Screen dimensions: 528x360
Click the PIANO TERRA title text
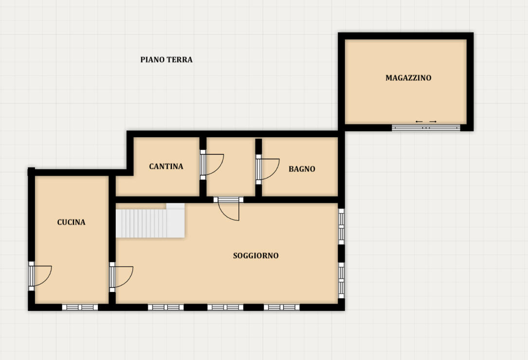click(x=166, y=60)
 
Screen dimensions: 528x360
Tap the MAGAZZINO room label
click(x=408, y=78)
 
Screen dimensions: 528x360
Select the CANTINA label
click(x=166, y=166)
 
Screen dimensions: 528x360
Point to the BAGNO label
click(x=302, y=169)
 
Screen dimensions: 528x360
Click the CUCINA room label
click(x=71, y=222)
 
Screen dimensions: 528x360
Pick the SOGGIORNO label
click(x=255, y=255)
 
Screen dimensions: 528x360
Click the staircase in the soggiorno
click(x=150, y=220)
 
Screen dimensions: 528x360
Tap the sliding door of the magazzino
click(x=426, y=127)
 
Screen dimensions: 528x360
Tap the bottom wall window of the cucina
click(x=80, y=307)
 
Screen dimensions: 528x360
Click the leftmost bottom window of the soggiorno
click(x=165, y=307)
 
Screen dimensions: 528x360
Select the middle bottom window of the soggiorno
click(x=225, y=307)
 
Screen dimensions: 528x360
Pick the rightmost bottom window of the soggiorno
click(x=281, y=307)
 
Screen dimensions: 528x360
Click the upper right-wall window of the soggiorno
click(x=341, y=226)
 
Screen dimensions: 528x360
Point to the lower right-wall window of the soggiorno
click(x=341, y=280)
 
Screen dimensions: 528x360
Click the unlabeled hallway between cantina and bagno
click(x=231, y=166)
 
